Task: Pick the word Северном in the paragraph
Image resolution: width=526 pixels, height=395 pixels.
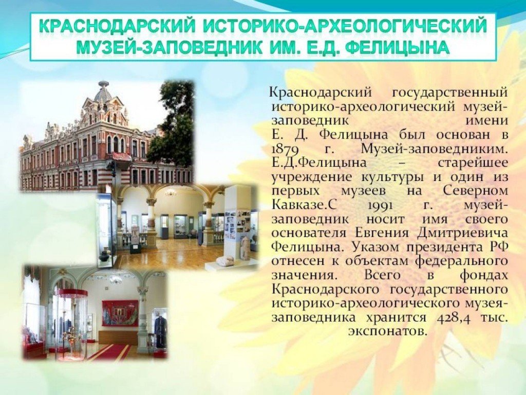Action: [475, 190]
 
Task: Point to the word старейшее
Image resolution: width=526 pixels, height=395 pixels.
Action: [473, 163]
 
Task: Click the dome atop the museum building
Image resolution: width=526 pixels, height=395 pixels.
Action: [103, 90]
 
